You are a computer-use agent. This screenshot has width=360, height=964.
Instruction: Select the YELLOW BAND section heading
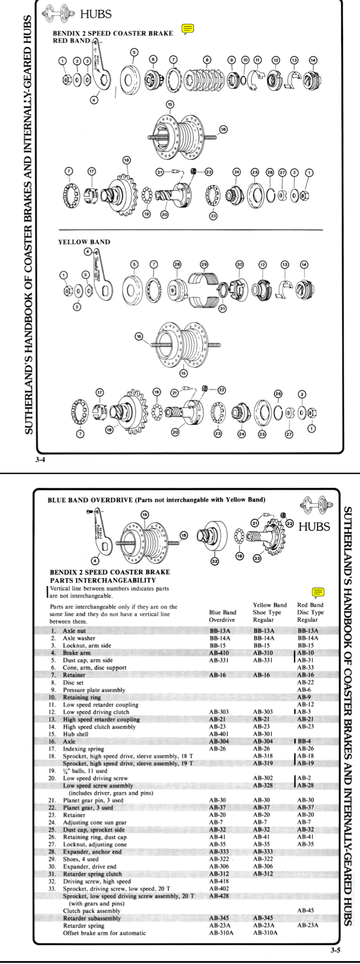point(84,242)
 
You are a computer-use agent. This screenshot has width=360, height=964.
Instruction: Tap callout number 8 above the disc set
point(207,60)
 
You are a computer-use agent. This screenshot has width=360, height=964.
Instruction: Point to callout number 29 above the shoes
point(204,264)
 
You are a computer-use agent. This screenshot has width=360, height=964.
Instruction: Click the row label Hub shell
point(76,734)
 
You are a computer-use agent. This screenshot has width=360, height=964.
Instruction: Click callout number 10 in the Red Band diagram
point(245,60)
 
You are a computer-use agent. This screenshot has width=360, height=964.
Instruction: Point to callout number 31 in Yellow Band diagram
point(222,309)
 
